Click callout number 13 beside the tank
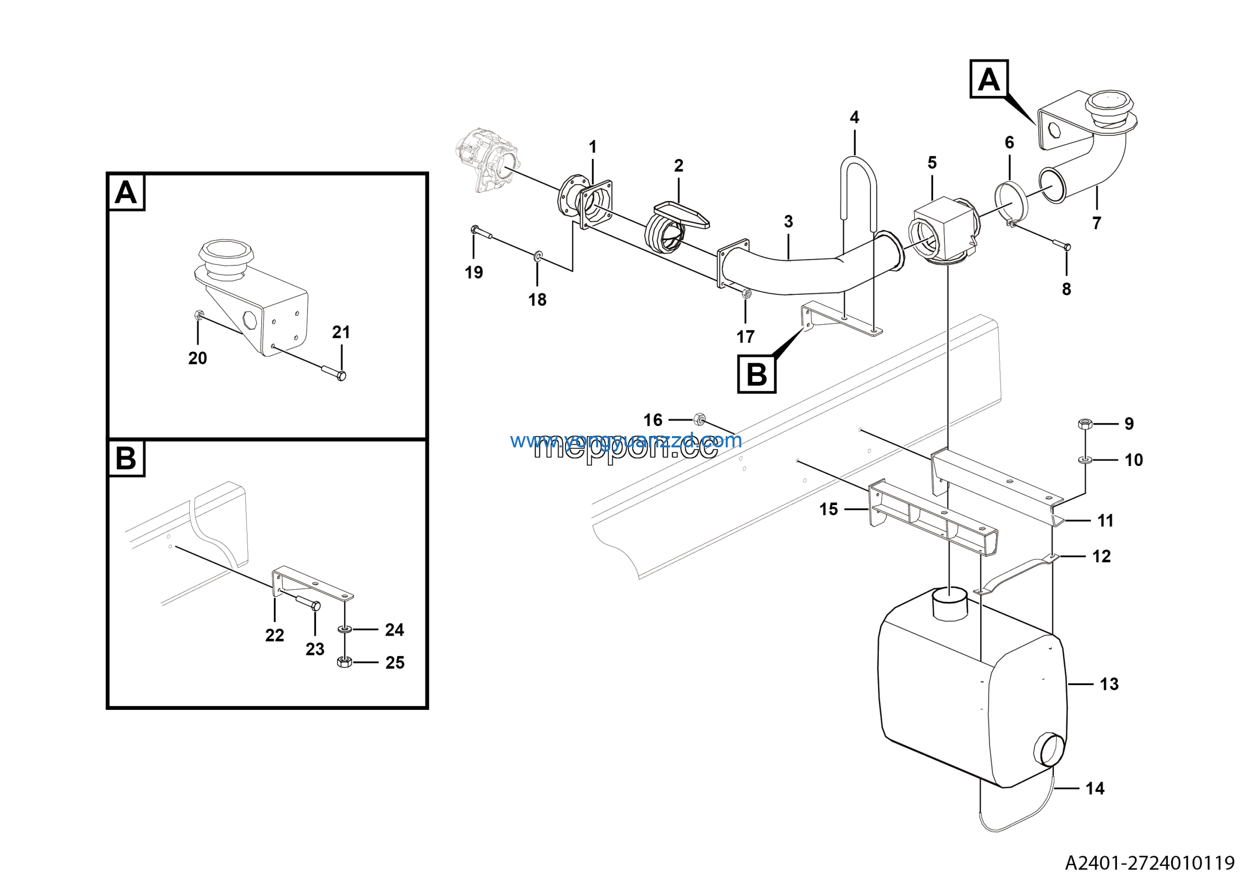[x=1109, y=684]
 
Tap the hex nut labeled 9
[x=1085, y=423]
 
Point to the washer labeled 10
[x=1085, y=460]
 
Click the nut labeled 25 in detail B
[x=345, y=662]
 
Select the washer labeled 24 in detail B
[x=345, y=629]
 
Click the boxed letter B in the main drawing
[x=756, y=374]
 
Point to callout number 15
[x=828, y=509]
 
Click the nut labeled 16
[x=699, y=420]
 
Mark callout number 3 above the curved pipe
[x=788, y=221]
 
